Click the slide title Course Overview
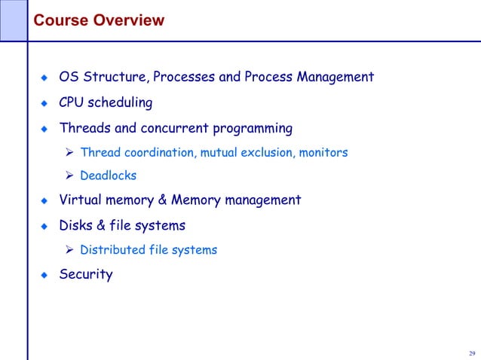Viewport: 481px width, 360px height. point(99,20)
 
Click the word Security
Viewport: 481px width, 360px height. point(86,275)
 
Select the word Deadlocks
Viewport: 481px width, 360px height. point(109,176)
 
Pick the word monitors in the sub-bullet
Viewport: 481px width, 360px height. point(323,153)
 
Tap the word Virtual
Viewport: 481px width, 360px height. point(81,200)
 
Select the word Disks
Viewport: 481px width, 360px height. point(76,225)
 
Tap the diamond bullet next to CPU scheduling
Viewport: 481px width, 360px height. point(44,102)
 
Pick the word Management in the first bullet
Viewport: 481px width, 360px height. point(335,78)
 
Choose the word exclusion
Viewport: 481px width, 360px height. point(267,153)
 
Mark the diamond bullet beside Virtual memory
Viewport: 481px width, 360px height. point(44,201)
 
